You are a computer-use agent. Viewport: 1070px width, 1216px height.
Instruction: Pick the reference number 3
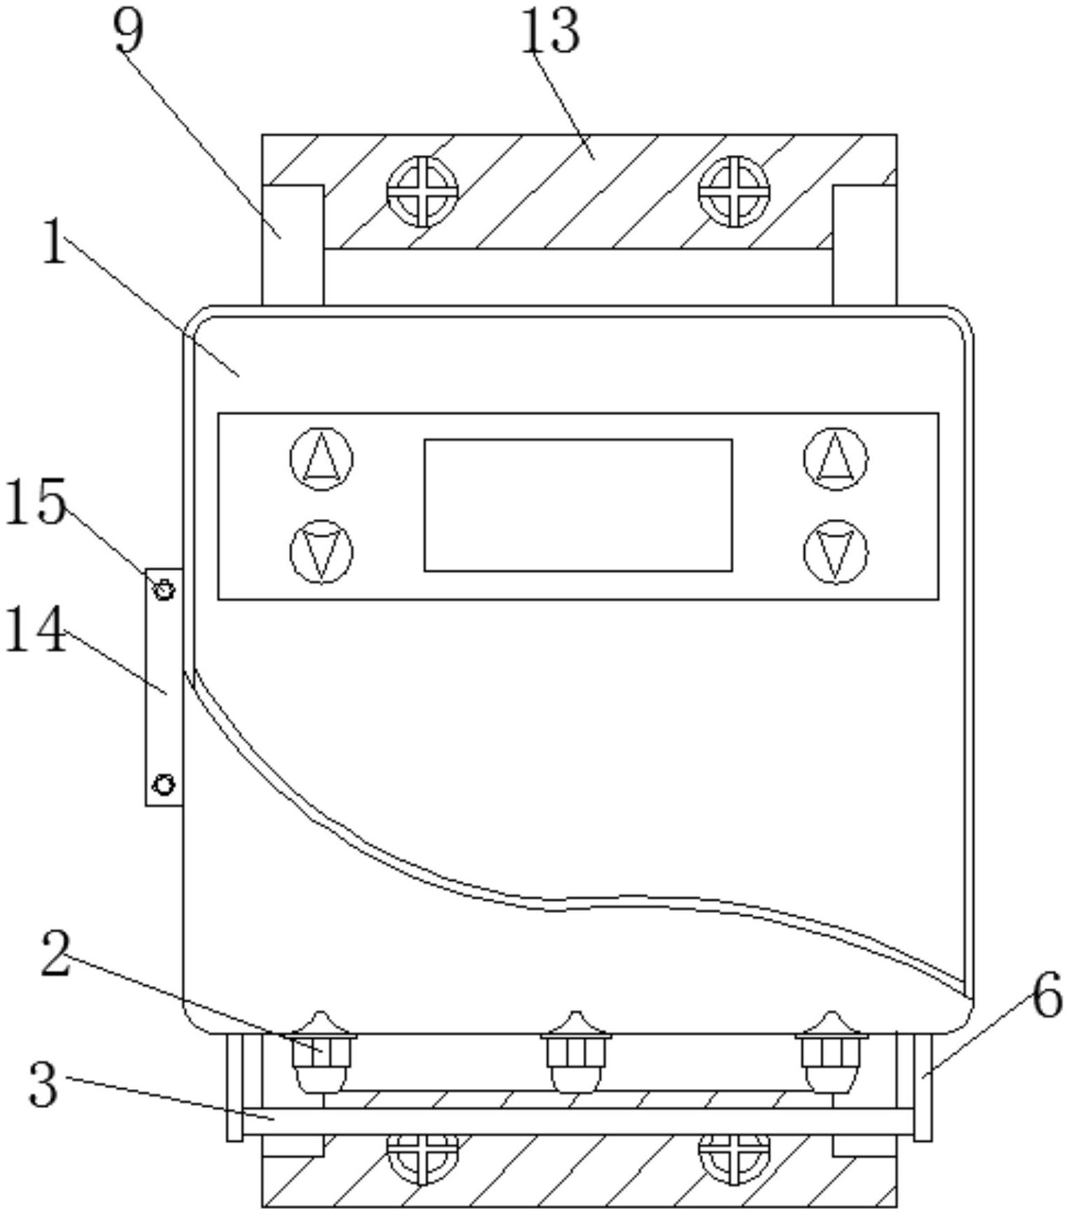click(44, 1083)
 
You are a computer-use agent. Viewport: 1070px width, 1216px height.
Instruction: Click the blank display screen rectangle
click(578, 506)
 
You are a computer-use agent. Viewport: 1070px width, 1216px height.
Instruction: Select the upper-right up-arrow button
click(836, 459)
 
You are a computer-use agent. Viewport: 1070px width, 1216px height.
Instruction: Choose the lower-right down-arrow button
click(836, 552)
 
